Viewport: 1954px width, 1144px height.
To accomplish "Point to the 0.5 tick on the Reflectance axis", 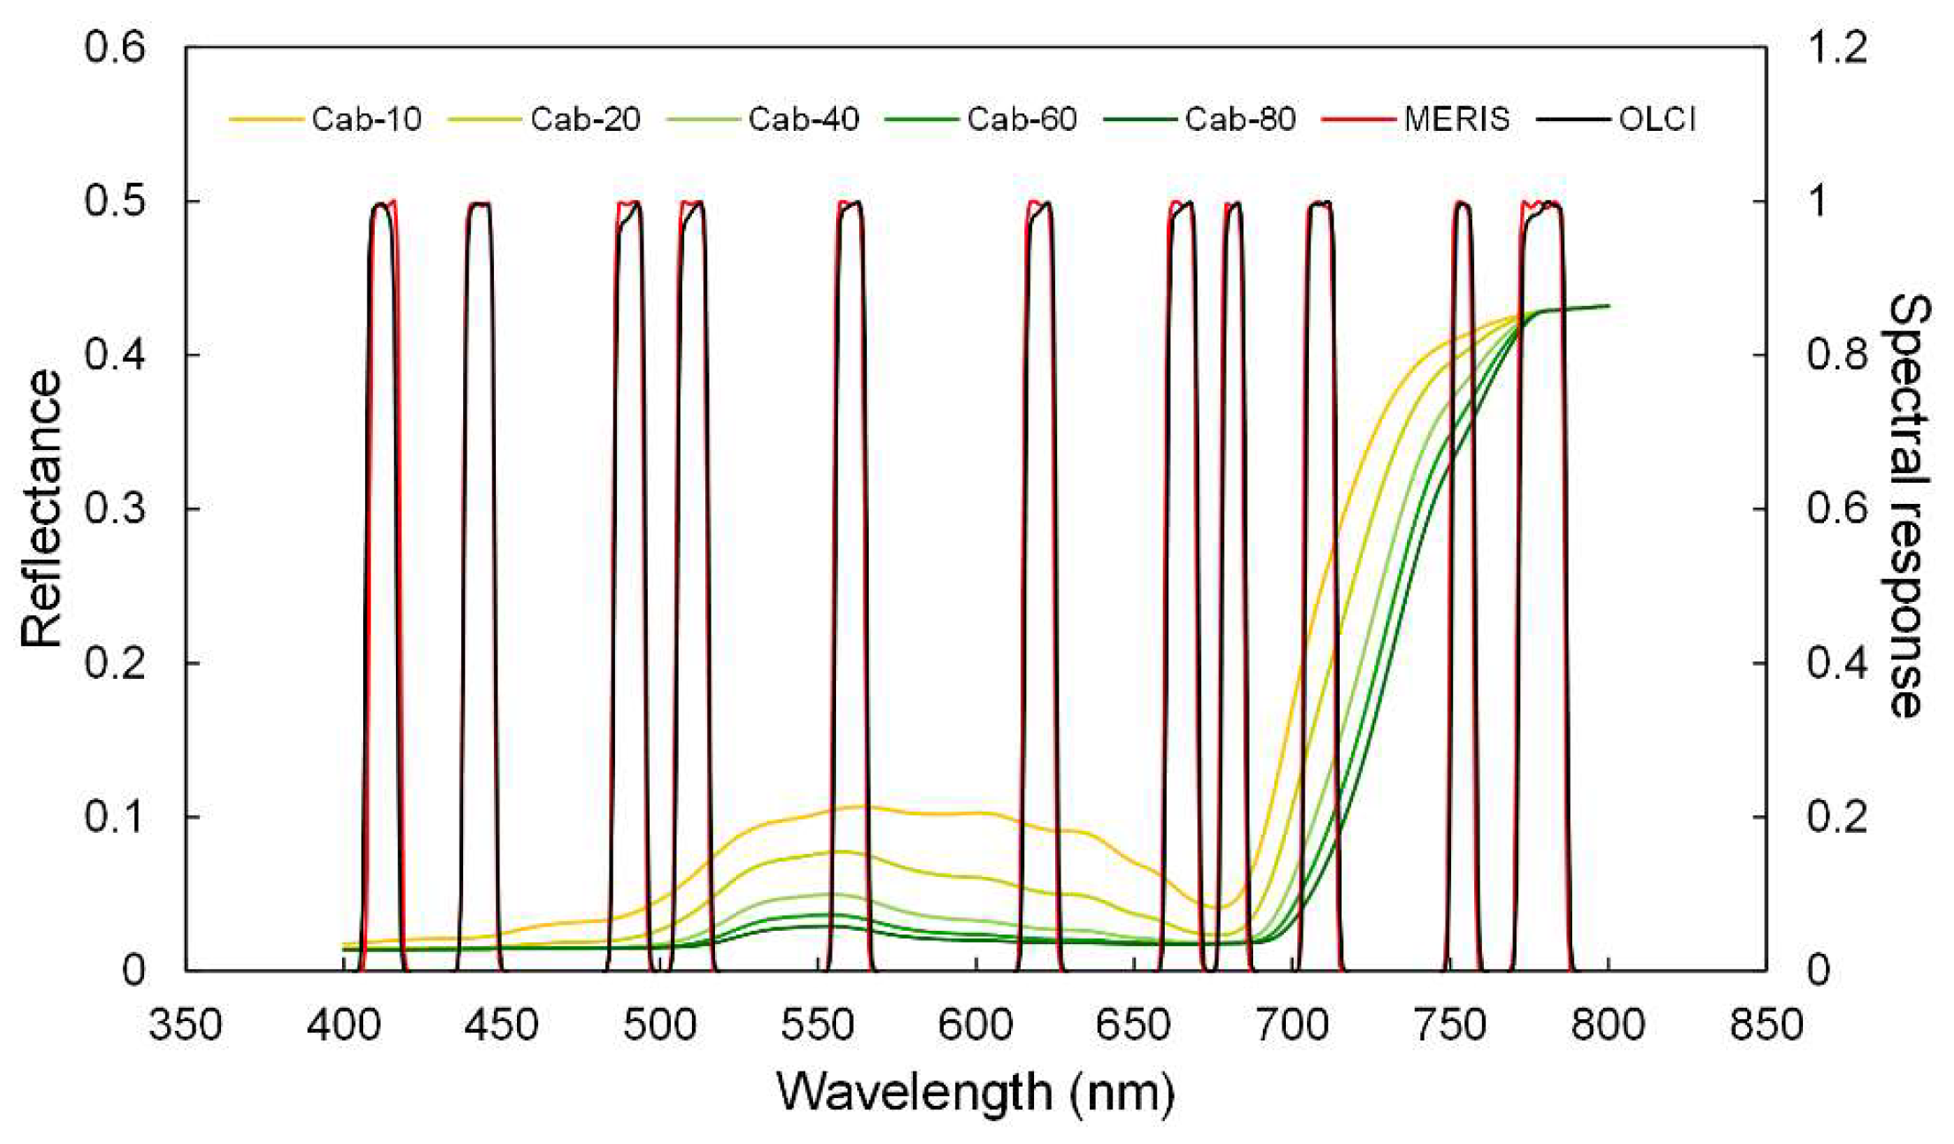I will click(115, 202).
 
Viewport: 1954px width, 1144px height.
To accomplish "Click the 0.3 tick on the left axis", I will click(115, 509).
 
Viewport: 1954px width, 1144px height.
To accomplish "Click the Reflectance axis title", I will click(42, 509).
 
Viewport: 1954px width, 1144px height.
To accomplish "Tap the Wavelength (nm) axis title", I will click(976, 1093).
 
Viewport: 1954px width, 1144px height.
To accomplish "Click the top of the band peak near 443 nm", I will click(480, 204).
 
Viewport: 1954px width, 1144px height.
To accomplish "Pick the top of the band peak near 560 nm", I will click(850, 204).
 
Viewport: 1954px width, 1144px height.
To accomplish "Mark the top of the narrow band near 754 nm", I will click(1464, 204).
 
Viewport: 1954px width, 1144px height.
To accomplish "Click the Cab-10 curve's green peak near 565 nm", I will click(862, 806).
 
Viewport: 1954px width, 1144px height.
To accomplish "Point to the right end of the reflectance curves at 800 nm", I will click(1608, 306).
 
